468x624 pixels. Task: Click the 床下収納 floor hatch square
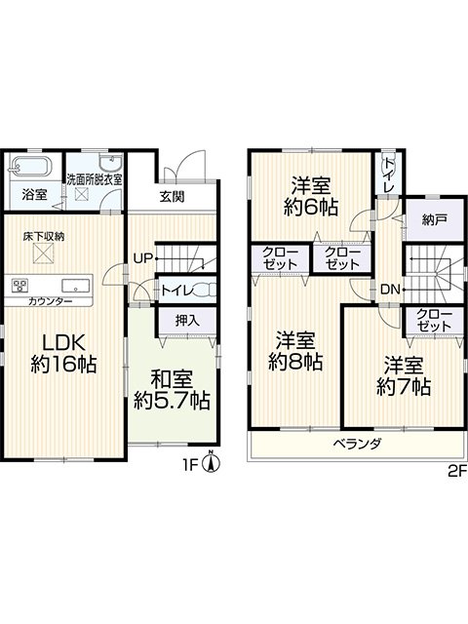pyautogui.click(x=43, y=253)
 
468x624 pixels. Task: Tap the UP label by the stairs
pyautogui.click(x=143, y=258)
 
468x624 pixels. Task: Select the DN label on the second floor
pyautogui.click(x=390, y=290)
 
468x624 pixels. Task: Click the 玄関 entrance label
pyautogui.click(x=172, y=196)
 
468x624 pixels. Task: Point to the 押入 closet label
pyautogui.click(x=187, y=321)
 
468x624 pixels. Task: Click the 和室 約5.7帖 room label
pyautogui.click(x=172, y=390)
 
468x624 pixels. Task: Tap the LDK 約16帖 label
pyautogui.click(x=63, y=353)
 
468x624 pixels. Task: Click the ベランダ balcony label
pyautogui.click(x=358, y=444)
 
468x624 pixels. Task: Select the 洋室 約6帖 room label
pyautogui.click(x=311, y=196)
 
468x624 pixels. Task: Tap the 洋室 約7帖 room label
pyautogui.click(x=404, y=376)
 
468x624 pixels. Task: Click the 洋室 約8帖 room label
pyautogui.click(x=295, y=350)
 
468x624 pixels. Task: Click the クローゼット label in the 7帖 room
pyautogui.click(x=434, y=320)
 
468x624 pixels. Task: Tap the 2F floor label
pyautogui.click(x=457, y=471)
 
